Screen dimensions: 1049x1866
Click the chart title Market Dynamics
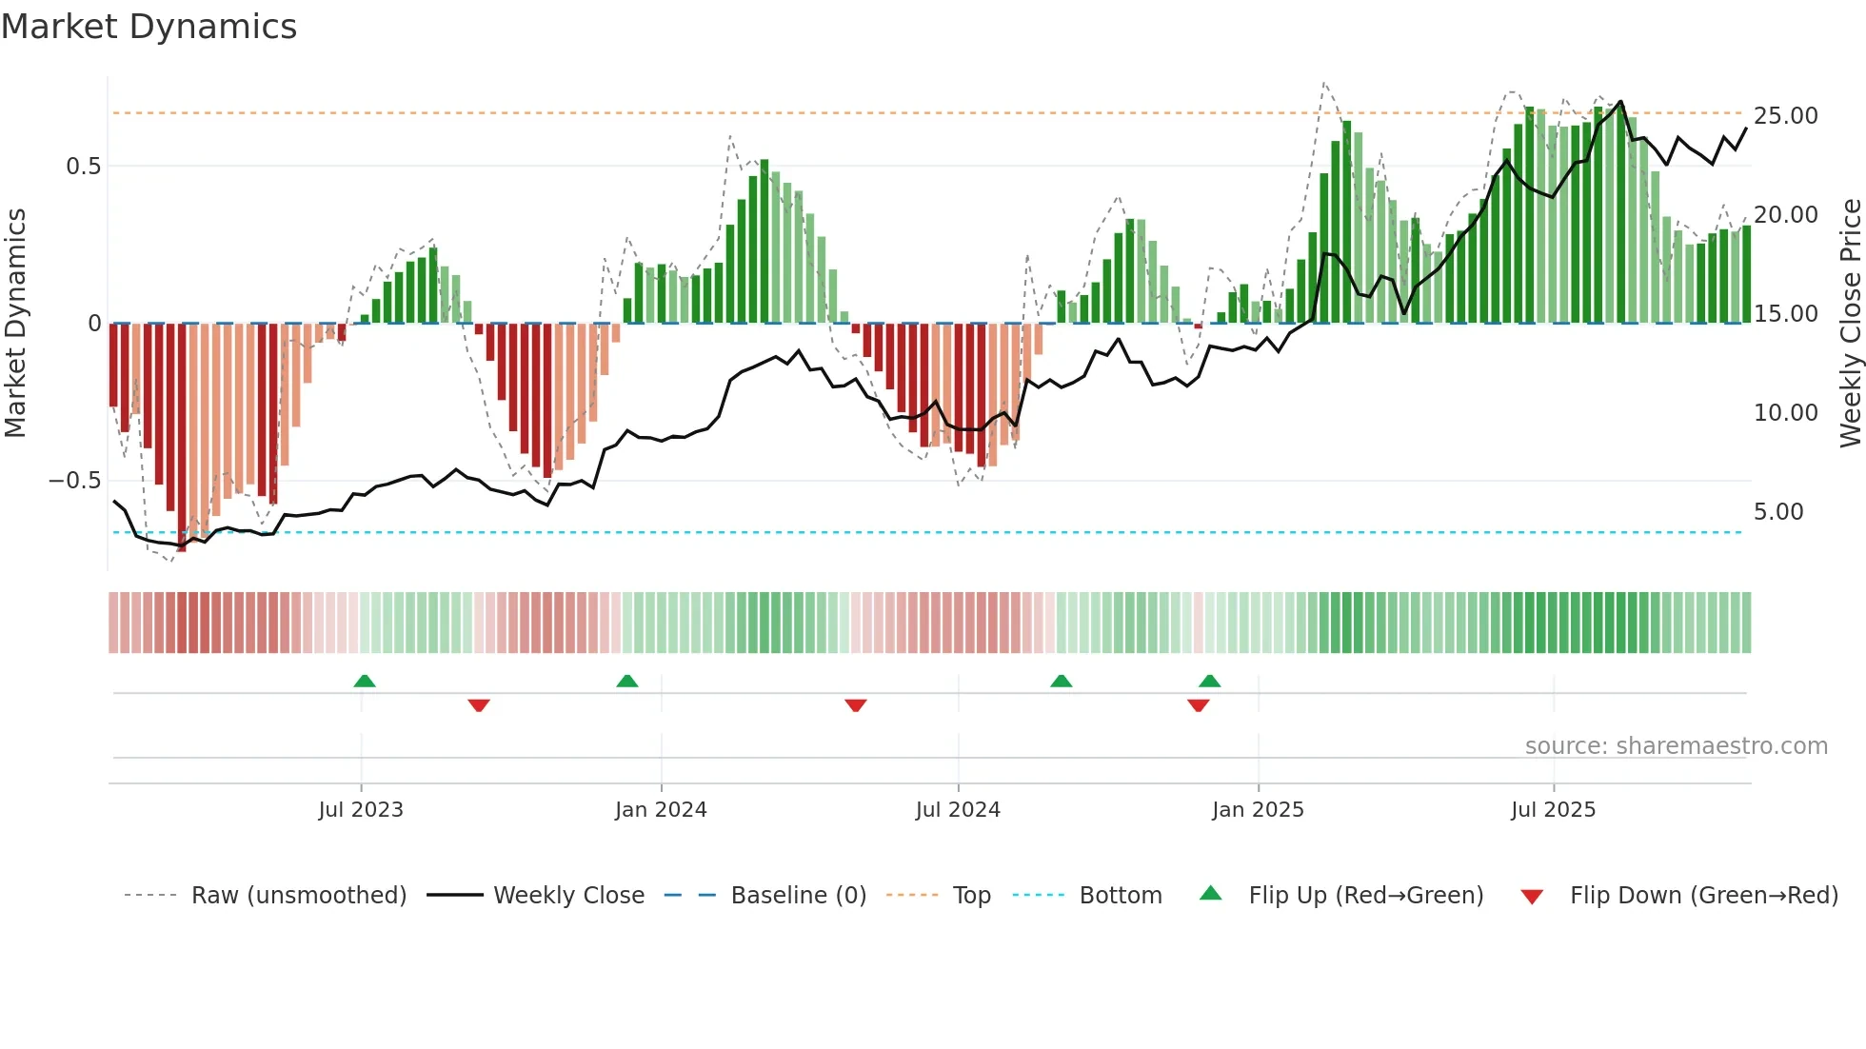149,27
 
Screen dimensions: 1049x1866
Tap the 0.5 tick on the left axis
83,167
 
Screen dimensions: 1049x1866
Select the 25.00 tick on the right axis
1785,116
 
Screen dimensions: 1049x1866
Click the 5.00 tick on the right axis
1778,512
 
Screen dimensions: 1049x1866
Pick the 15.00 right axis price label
1785,314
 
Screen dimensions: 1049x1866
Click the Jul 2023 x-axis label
361,810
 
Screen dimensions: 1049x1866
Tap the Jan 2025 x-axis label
1258,810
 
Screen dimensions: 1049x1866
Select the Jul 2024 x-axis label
958,810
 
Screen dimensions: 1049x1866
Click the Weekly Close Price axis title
1850,324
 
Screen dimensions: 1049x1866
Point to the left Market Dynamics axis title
15,324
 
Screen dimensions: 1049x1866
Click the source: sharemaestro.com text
1676,746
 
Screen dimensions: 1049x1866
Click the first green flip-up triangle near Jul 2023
365,682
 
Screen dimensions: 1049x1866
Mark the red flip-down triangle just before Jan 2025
1199,705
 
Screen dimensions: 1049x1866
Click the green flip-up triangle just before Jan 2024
627,682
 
